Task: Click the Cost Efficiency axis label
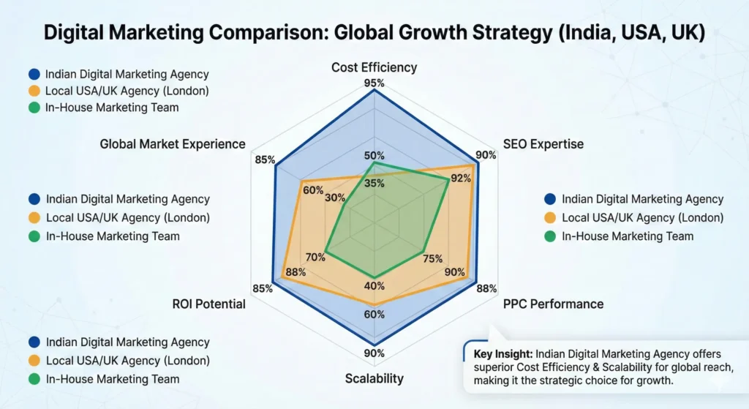pos(374,67)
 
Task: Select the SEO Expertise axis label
pos(543,143)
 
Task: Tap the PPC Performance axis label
pos(553,304)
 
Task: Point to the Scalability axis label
pos(374,378)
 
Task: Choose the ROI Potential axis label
pos(208,304)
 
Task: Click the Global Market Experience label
pos(173,144)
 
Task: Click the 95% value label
pos(374,83)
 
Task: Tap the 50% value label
pos(374,155)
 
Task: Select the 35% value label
pos(374,184)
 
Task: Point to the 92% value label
pos(462,178)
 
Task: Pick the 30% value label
pos(335,198)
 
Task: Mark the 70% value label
pos(315,257)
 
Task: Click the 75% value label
pos(432,258)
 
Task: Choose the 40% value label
pos(374,286)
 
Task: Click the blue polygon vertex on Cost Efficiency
pos(374,91)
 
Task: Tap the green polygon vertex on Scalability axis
pos(374,277)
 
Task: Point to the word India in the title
pos(604,34)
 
